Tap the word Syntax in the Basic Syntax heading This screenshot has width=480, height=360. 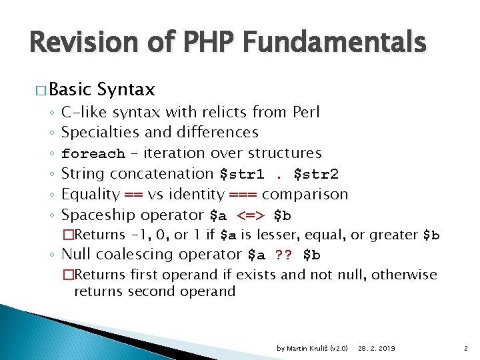[125, 89]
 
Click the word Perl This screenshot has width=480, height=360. [306, 112]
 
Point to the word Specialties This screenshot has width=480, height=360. [98, 133]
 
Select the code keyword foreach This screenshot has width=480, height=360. [93, 154]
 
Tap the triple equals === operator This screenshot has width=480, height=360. [243, 195]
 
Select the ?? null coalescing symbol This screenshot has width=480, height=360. [283, 255]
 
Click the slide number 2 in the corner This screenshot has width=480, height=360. [464, 349]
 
